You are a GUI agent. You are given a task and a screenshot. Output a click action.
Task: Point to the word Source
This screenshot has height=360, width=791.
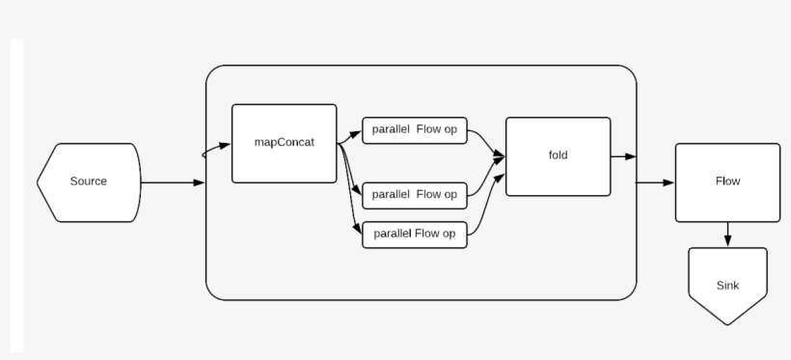coord(89,181)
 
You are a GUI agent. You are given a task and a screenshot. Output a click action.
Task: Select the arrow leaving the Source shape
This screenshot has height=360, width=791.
coord(174,182)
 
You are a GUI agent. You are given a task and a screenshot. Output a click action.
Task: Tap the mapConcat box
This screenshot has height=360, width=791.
coord(284,143)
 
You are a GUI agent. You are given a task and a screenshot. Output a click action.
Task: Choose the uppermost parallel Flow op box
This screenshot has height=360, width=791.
coord(414,131)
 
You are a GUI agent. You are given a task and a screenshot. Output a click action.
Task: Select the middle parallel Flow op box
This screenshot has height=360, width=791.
coord(414,194)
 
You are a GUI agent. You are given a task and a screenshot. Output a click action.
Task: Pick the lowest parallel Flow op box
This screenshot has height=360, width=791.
coord(414,234)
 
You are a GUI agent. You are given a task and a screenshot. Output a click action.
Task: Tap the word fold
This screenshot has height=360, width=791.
coord(558,154)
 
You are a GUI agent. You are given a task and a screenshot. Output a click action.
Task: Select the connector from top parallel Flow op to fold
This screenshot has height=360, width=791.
coord(485,143)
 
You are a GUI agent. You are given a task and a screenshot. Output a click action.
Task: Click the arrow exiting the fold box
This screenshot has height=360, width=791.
coord(622,156)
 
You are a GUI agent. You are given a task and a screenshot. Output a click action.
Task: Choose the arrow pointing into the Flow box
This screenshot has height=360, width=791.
coord(656,182)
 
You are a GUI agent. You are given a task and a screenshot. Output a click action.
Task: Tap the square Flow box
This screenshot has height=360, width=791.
coord(727,181)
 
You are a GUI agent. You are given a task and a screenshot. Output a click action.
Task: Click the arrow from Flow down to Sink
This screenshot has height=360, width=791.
coord(727,234)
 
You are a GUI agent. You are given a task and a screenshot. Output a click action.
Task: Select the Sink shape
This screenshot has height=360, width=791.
coord(727,285)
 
